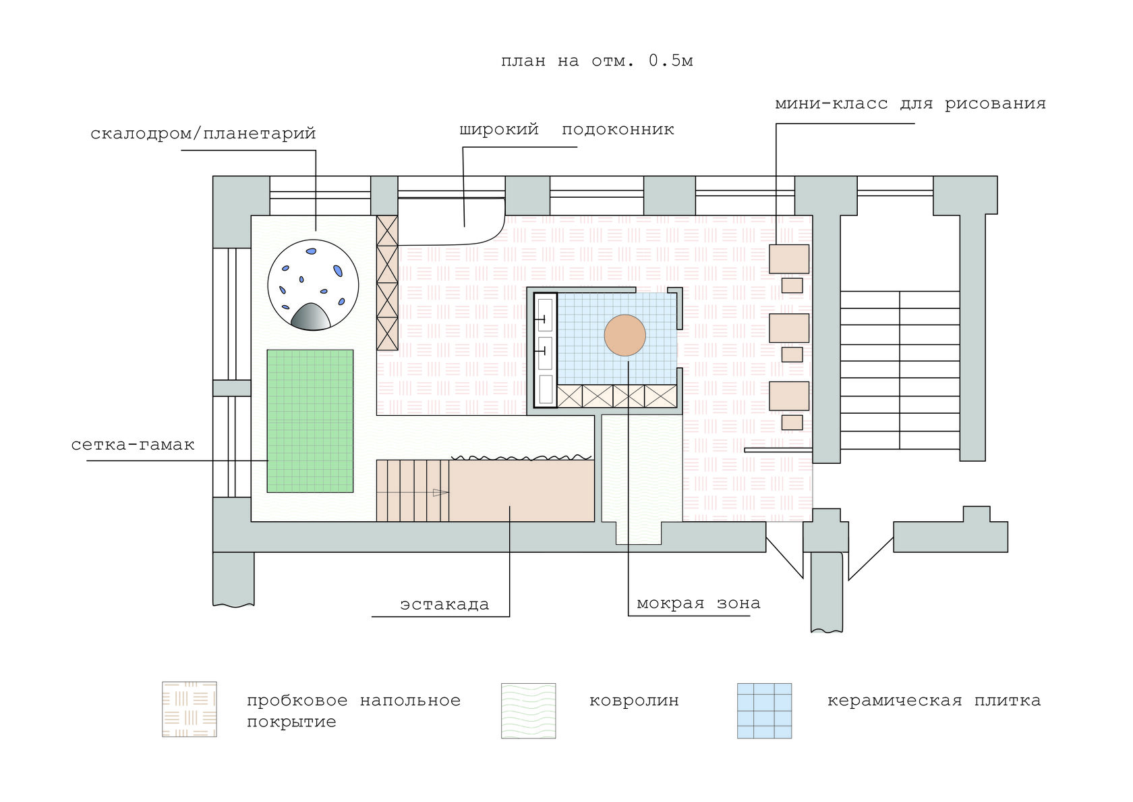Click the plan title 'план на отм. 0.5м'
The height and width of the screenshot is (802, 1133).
point(597,61)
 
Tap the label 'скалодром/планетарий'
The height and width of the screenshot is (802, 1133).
point(203,133)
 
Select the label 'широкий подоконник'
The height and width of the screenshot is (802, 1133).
point(566,130)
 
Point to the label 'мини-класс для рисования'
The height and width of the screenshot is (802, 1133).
point(910,104)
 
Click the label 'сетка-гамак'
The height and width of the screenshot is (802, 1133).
point(133,445)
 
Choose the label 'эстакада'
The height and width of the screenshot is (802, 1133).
point(444,604)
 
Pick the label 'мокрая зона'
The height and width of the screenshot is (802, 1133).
point(698,604)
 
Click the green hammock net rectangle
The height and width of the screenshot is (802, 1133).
point(310,421)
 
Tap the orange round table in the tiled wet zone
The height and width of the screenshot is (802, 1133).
point(624,336)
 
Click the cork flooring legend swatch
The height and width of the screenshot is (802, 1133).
point(190,709)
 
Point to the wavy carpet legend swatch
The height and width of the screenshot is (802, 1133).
point(528,710)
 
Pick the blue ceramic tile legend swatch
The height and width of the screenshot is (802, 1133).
point(764,710)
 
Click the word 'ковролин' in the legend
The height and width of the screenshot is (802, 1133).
point(634,701)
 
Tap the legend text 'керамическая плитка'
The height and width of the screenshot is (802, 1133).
point(933,701)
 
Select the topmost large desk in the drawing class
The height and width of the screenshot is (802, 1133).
point(789,259)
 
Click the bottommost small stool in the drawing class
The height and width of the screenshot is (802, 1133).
point(792,423)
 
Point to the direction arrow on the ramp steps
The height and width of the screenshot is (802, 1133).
point(440,493)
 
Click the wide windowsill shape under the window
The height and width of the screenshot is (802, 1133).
point(448,221)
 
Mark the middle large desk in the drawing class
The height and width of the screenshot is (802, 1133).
point(789,328)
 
